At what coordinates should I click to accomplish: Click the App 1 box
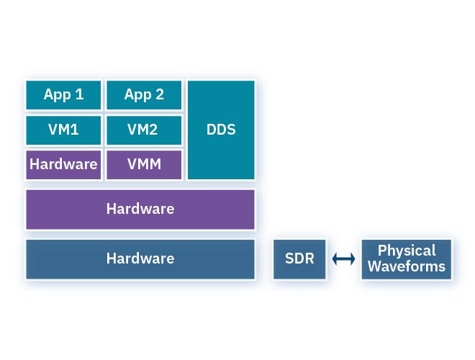(x=63, y=95)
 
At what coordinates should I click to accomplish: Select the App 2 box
(x=144, y=95)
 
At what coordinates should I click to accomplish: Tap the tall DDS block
(x=221, y=130)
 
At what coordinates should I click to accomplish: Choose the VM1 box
(x=63, y=130)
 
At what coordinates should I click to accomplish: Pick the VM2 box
(x=144, y=130)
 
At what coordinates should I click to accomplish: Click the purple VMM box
(x=144, y=165)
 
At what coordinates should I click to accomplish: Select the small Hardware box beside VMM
(x=63, y=165)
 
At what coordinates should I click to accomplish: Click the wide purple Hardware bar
(x=140, y=210)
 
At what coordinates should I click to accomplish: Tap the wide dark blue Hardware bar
(x=140, y=259)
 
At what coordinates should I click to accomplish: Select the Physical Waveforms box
(x=407, y=259)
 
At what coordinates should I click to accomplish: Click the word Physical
(x=407, y=251)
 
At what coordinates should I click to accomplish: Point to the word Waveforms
(x=407, y=267)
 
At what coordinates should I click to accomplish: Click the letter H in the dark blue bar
(x=111, y=258)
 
